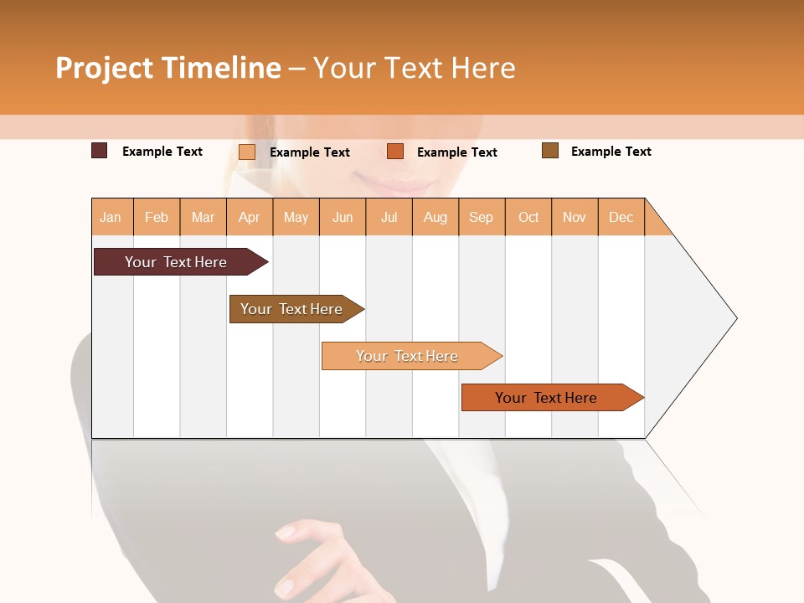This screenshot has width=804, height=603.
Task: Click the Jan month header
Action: coord(111,217)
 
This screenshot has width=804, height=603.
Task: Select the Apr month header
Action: coord(250,217)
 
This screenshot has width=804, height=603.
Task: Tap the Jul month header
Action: coord(389,217)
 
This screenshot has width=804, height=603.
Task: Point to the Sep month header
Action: coord(481,217)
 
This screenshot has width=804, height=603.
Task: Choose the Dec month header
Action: coord(621,217)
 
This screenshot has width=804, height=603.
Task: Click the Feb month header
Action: coord(157,217)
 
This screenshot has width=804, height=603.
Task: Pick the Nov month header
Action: coord(575,217)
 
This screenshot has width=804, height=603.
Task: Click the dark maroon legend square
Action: coord(99,151)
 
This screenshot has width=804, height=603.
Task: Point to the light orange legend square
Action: coord(246,152)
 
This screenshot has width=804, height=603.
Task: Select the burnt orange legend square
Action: coord(395,152)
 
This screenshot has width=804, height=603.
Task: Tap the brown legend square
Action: coord(549,151)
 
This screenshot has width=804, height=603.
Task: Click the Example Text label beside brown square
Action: coord(611,152)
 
